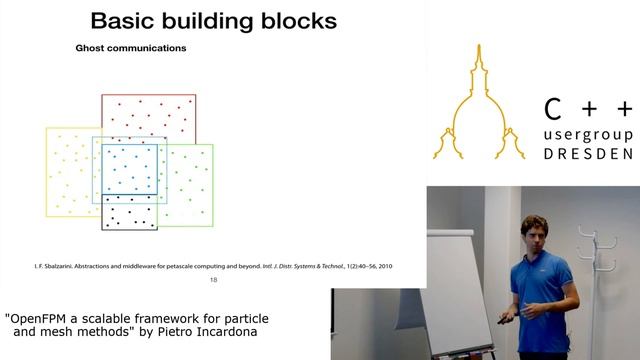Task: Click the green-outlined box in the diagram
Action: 190,185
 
